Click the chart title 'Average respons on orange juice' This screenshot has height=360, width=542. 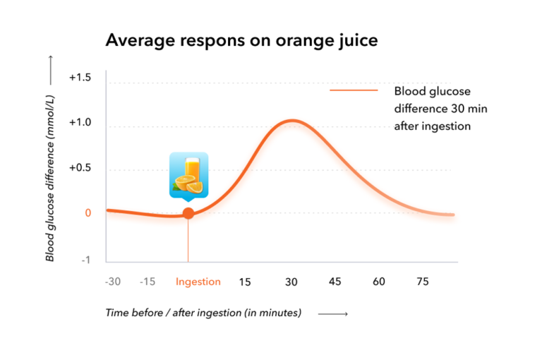(x=241, y=41)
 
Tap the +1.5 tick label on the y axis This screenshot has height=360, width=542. (x=79, y=78)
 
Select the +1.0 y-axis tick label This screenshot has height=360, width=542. (x=79, y=123)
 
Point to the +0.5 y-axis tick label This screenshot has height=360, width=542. (x=79, y=168)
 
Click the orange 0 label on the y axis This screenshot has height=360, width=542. (x=88, y=212)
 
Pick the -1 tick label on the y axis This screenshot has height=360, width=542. (x=85, y=260)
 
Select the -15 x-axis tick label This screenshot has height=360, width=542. (x=147, y=282)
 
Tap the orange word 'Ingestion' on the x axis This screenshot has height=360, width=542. (x=198, y=282)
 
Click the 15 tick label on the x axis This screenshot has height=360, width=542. (x=245, y=282)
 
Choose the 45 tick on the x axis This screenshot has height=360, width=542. (x=335, y=282)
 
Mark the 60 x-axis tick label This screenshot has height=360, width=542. (x=379, y=282)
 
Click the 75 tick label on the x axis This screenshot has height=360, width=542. (x=422, y=282)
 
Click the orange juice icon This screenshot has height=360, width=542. (x=188, y=174)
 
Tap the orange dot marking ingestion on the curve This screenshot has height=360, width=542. (x=188, y=213)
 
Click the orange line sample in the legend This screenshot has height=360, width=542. (x=353, y=90)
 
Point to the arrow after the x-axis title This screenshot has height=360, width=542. (x=332, y=313)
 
